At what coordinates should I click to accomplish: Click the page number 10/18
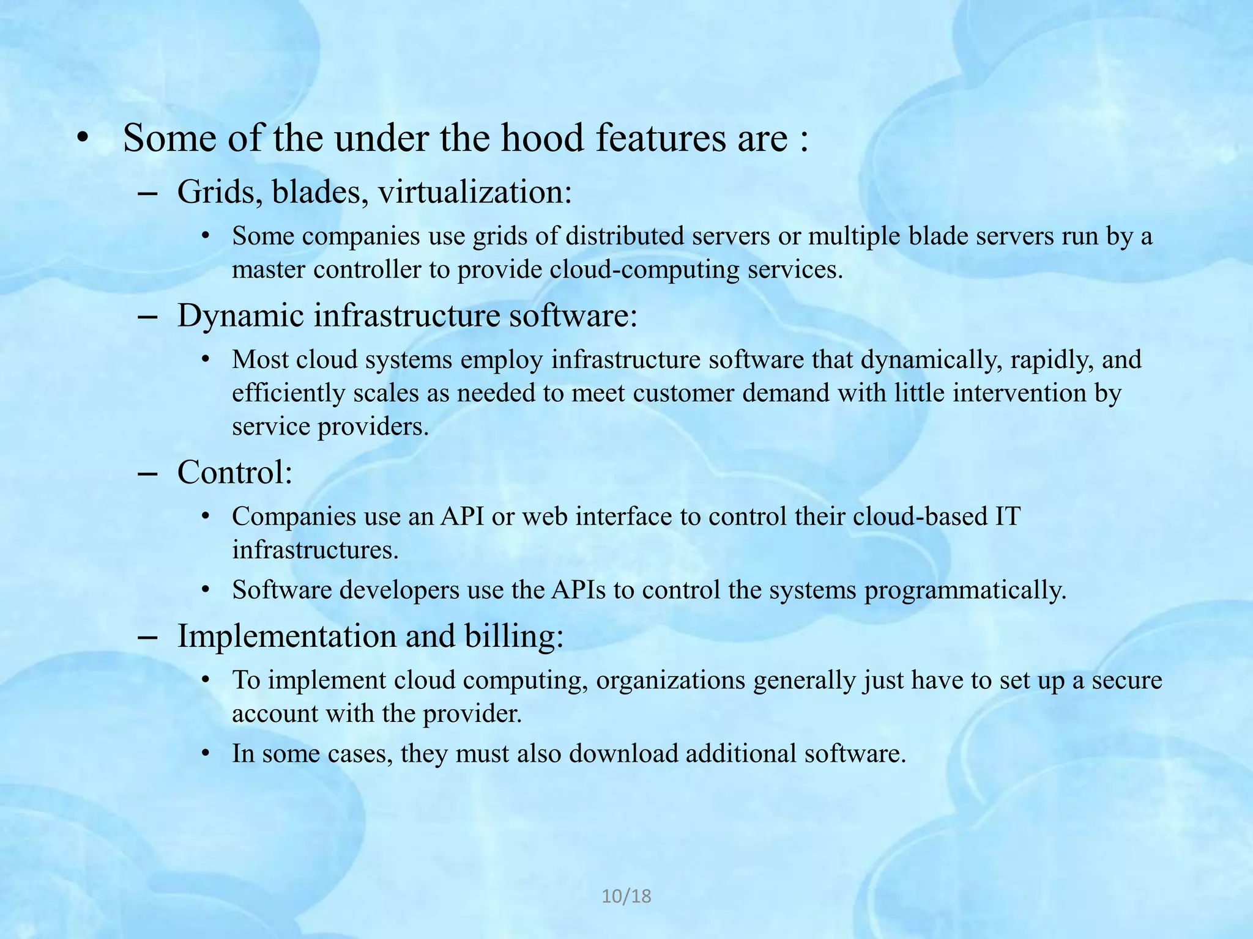626,896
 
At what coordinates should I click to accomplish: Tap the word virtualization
475,192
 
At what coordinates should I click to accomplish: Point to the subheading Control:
235,473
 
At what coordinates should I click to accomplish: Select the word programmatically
965,591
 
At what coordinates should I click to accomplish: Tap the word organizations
671,680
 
